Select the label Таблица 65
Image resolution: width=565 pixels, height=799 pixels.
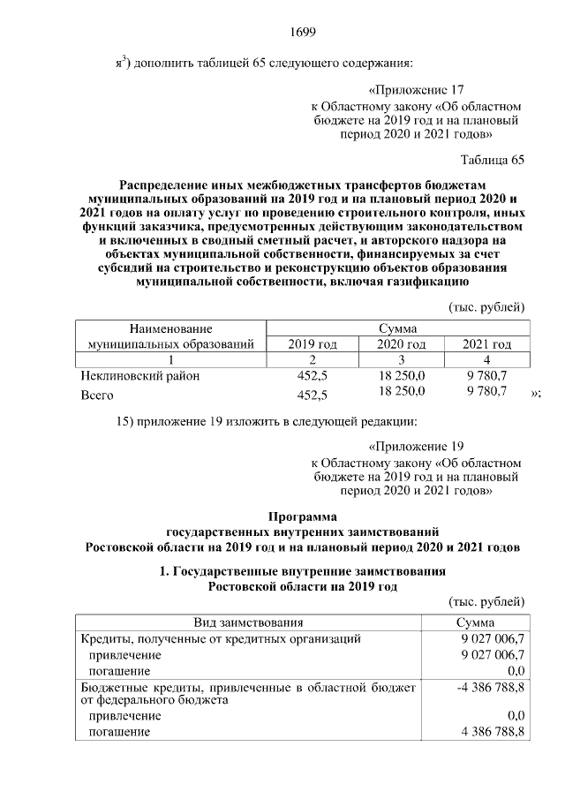493,160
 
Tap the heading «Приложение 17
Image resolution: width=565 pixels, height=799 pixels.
414,89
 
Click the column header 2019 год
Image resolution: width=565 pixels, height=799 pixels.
313,343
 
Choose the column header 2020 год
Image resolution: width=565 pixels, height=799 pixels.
401,343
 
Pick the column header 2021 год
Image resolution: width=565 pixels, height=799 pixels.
486,343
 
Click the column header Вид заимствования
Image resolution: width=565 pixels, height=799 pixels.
248,622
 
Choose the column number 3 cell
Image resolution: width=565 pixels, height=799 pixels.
401,359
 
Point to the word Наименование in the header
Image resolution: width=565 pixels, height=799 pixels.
171,328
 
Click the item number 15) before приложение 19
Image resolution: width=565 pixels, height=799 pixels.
127,419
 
